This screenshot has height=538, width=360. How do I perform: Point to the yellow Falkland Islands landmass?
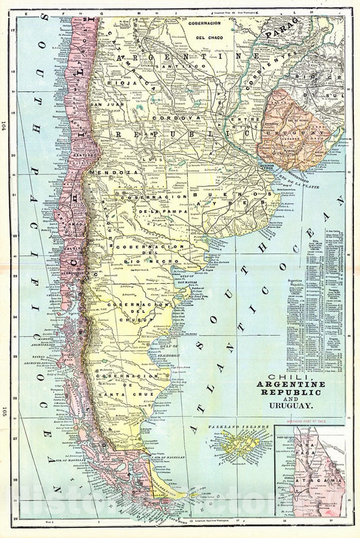[247, 442]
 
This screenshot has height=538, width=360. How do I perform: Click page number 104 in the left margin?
[4, 124]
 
